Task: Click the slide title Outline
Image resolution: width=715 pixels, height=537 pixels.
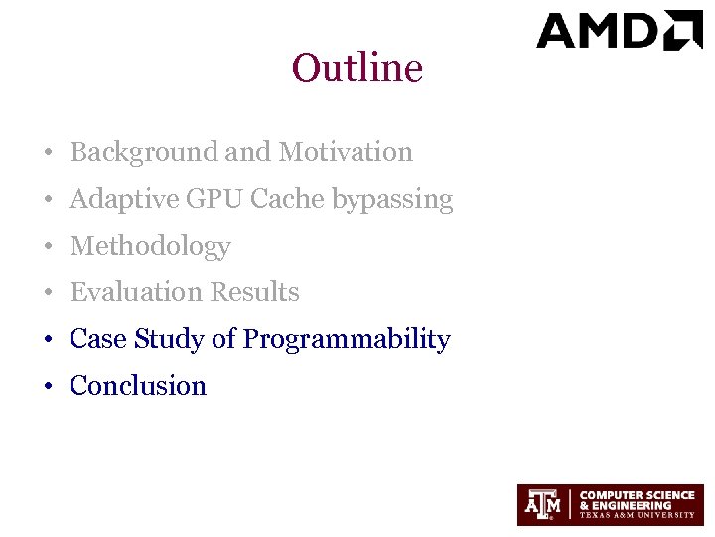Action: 357,69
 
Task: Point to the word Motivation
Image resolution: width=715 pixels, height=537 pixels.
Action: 346,153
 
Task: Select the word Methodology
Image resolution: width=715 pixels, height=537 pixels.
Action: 150,247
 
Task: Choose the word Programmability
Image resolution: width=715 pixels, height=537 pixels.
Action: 347,340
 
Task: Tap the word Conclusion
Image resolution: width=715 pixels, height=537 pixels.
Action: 138,386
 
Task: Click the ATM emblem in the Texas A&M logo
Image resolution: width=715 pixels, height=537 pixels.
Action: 544,505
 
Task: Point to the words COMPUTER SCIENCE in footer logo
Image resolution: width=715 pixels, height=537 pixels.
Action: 637,494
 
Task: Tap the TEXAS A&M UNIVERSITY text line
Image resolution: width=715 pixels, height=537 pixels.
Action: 637,516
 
